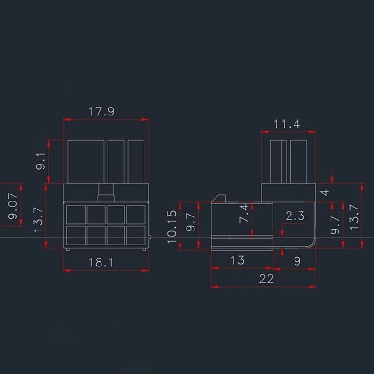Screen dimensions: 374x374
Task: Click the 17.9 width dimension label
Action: click(x=101, y=112)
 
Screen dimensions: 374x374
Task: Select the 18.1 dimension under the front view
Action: click(x=101, y=262)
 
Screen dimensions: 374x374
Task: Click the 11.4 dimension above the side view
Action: click(x=287, y=124)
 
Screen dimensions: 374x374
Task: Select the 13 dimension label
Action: click(x=237, y=260)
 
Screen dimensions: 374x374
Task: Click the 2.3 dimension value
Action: click(x=295, y=216)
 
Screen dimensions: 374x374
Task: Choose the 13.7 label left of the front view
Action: click(x=39, y=220)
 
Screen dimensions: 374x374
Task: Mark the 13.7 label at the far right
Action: click(x=354, y=216)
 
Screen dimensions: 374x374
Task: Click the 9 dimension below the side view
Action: click(x=297, y=262)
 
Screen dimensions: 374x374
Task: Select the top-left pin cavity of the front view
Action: click(x=75, y=215)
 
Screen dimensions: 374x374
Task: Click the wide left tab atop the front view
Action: click(x=86, y=161)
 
